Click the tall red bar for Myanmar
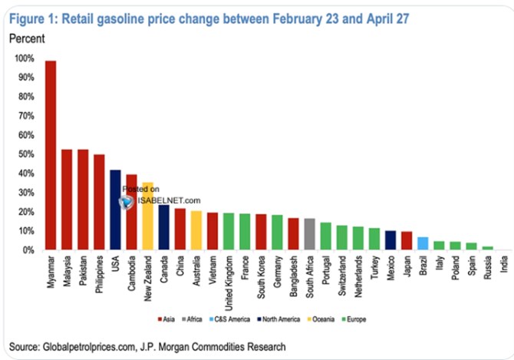(51, 155)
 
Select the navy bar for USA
(115, 210)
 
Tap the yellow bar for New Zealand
(148, 216)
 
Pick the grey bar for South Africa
(309, 234)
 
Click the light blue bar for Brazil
(423, 243)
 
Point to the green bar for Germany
(277, 233)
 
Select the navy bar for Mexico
(390, 240)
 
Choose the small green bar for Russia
(487, 248)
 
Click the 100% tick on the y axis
(25, 58)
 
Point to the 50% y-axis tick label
(26, 154)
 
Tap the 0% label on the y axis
(28, 250)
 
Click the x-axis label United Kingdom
(229, 283)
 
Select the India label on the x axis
(504, 264)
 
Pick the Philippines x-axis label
(99, 274)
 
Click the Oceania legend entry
(321, 319)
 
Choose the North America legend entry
(278, 319)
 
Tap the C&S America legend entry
(229, 319)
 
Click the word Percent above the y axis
(27, 38)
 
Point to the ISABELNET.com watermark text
(169, 200)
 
